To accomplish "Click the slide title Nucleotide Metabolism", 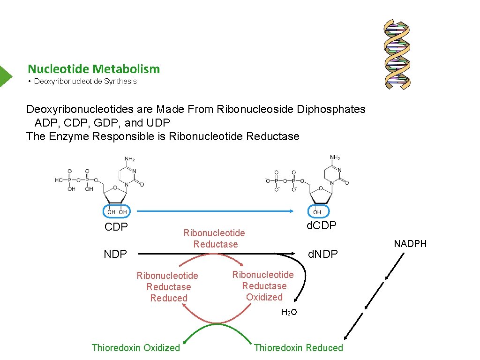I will [94, 69].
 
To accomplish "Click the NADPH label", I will [410, 244].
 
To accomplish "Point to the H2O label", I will [289, 312].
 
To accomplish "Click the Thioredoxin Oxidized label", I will [136, 348].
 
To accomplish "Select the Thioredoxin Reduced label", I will [299, 348].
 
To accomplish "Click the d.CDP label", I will [321, 226].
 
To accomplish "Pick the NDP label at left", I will [115, 254].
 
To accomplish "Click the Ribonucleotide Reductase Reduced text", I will [168, 287].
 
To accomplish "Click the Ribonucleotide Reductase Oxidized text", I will [263, 286].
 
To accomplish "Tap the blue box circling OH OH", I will [117, 211].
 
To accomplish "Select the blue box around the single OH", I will [318, 211].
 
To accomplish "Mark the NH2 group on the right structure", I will [335, 157].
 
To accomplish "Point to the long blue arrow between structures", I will [211, 211].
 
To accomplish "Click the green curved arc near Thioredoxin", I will [217, 326].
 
